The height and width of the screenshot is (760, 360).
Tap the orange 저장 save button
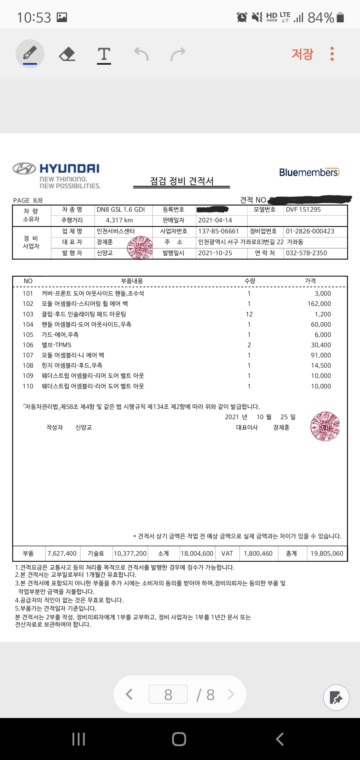pyautogui.click(x=302, y=54)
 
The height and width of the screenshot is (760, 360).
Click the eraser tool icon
pyautogui.click(x=67, y=54)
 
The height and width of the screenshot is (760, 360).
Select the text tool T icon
pyautogui.click(x=104, y=54)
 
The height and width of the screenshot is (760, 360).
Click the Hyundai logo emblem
pyautogui.click(x=24, y=169)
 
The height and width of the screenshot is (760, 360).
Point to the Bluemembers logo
pyautogui.click(x=309, y=172)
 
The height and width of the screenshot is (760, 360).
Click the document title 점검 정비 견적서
pyautogui.click(x=181, y=181)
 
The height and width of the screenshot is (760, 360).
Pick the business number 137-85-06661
pyautogui.click(x=218, y=231)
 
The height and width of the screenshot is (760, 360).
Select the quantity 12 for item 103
pyautogui.click(x=249, y=314)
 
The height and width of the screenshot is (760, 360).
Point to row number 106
pyautogui.click(x=28, y=345)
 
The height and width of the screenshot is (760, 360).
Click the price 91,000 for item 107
pyautogui.click(x=321, y=355)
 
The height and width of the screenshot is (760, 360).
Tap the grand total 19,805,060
pyautogui.click(x=327, y=553)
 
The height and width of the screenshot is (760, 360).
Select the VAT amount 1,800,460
pyautogui.click(x=258, y=553)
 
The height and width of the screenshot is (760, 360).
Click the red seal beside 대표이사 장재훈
pyautogui.click(x=325, y=426)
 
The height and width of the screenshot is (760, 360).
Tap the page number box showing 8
pyautogui.click(x=168, y=694)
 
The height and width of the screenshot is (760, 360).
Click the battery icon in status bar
pyautogui.click(x=340, y=17)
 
